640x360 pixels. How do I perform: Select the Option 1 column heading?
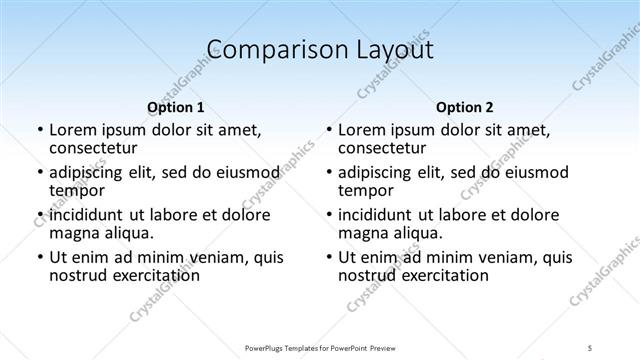coord(175,107)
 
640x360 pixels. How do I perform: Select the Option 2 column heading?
coord(464,107)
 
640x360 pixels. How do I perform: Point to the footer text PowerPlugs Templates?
coord(290,347)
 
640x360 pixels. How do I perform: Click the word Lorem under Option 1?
coord(72,130)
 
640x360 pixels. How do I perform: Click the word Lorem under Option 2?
coord(361,130)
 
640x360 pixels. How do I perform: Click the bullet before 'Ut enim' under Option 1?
coord(39,257)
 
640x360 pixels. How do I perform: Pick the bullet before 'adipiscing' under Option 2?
coord(328,172)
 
